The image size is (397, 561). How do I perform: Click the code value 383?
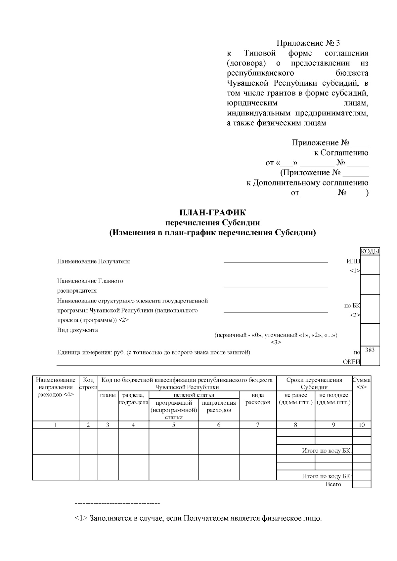coord(370,350)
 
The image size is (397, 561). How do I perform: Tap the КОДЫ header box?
coord(370,252)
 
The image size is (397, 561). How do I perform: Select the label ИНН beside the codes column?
coord(353,261)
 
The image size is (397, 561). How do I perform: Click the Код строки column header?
coord(88,383)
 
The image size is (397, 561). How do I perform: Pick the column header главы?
coord(108,395)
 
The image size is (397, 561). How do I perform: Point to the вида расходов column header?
coord(258,399)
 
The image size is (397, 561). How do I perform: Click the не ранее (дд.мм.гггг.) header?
coord(295,399)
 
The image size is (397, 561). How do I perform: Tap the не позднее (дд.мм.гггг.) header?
coord(333,399)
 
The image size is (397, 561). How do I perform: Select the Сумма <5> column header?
coord(362,383)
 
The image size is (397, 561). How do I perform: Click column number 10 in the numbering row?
coord(362,425)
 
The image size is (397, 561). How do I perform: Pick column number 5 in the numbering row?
coord(174,425)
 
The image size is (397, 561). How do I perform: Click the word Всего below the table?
coord(333,484)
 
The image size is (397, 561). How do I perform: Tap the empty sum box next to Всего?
coord(362,484)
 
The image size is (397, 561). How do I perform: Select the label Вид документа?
coord(77,330)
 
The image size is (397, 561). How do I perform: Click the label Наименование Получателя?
coord(93,261)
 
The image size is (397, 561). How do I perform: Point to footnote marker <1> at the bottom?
coord(81,518)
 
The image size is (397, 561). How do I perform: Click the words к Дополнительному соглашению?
coord(307,183)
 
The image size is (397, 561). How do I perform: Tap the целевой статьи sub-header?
coord(194,395)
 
